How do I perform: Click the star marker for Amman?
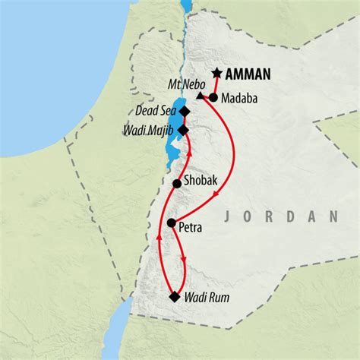217,73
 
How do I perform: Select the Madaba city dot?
213,97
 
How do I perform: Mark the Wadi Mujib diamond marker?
183,129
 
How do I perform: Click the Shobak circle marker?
177,183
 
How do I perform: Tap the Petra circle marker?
172,223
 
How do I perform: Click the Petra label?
193,225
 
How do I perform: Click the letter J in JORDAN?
229,218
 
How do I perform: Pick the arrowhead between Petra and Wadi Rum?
184,261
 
